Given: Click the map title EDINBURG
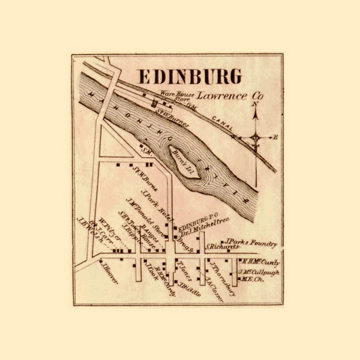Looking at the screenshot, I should (190, 77).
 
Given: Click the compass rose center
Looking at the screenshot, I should (256, 137).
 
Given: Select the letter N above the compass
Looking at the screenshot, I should (256, 103).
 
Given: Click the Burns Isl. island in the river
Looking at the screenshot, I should (180, 160).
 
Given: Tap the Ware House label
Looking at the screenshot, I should (173, 93).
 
